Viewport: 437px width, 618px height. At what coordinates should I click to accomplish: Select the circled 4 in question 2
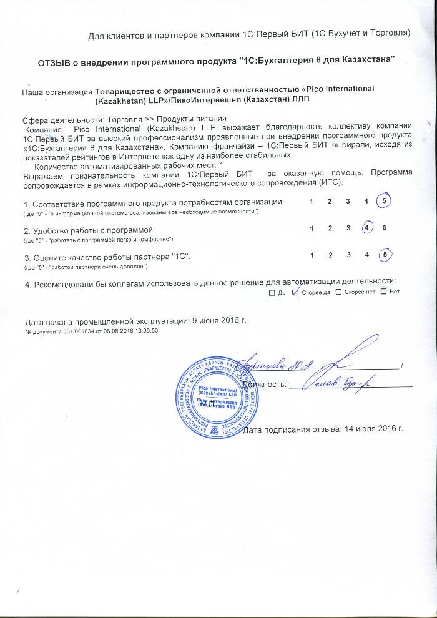(x=367, y=228)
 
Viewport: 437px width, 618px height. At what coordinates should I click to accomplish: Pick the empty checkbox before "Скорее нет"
(x=338, y=292)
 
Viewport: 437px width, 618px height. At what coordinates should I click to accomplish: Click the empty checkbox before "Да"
(x=272, y=292)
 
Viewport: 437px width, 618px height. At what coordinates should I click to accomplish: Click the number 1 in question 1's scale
(x=311, y=202)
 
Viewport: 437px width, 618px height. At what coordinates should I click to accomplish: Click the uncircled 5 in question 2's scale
(x=385, y=228)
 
